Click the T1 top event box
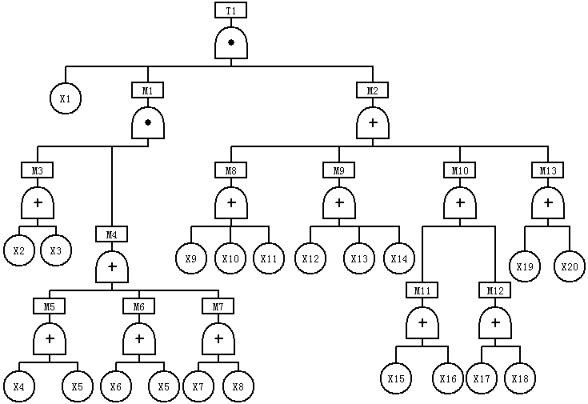point(230,10)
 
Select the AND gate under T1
point(230,42)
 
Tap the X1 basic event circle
point(66,99)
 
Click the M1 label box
point(148,90)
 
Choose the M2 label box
point(372,90)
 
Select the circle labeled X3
point(56,250)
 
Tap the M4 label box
point(112,234)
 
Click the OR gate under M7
point(217,339)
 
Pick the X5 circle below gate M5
point(78,386)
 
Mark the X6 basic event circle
point(116,386)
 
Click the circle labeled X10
point(230,258)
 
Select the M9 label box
point(338,170)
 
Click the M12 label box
point(494,290)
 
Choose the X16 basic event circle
point(448,378)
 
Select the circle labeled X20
point(570,266)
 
